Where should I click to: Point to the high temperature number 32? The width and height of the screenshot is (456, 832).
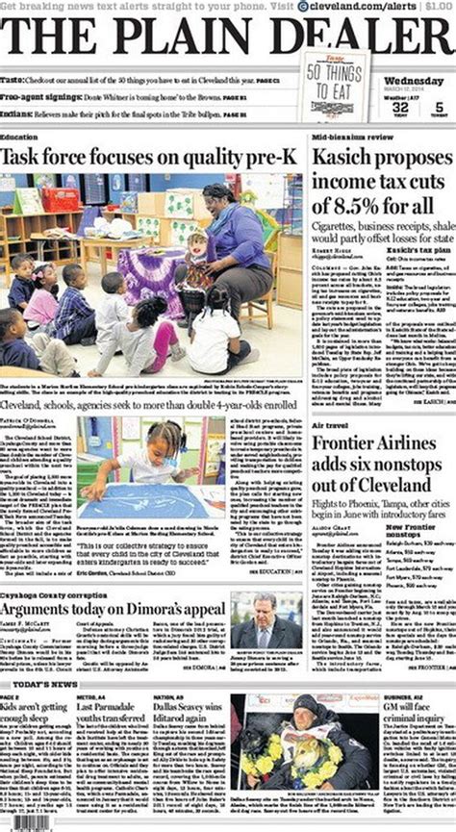click(400, 109)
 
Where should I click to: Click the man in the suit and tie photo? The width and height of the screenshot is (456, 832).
click(266, 619)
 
